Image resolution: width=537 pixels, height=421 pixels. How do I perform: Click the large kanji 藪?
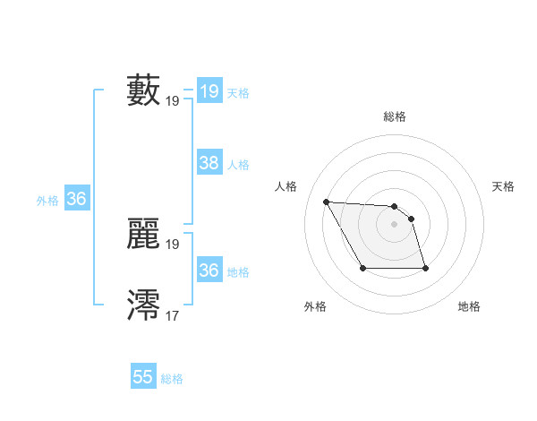pyautogui.click(x=144, y=90)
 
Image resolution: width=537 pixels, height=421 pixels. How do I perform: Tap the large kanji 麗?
pyautogui.click(x=144, y=233)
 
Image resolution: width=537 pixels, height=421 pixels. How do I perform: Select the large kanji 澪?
pyautogui.click(x=144, y=305)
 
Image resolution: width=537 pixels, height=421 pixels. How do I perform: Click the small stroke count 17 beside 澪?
pyautogui.click(x=173, y=315)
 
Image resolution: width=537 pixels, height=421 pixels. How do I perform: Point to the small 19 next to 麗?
pyautogui.click(x=173, y=244)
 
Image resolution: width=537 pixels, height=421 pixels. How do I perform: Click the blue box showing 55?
pyautogui.click(x=143, y=377)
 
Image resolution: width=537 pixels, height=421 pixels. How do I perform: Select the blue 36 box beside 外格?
pyautogui.click(x=76, y=199)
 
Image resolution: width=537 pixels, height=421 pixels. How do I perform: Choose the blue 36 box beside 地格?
pyautogui.click(x=209, y=270)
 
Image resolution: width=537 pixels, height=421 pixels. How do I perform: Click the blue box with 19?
pyautogui.click(x=209, y=91)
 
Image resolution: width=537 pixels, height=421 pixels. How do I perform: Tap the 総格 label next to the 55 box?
pyautogui.click(x=172, y=379)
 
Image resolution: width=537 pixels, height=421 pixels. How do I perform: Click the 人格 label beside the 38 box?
pyautogui.click(x=238, y=165)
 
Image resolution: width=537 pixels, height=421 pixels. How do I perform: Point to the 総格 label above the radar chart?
pyautogui.click(x=395, y=116)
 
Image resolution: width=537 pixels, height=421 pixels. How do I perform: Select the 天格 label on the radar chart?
pyautogui.click(x=503, y=186)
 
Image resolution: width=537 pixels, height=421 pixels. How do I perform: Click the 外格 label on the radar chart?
pyautogui.click(x=314, y=306)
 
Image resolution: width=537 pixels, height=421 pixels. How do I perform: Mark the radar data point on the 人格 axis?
pyautogui.click(x=326, y=202)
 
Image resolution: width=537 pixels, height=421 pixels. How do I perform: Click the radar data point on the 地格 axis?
pyautogui.click(x=425, y=269)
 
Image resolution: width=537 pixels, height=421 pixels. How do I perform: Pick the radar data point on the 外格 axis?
pyautogui.click(x=362, y=268)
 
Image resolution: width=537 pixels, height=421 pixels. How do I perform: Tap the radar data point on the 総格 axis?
pyautogui.click(x=394, y=206)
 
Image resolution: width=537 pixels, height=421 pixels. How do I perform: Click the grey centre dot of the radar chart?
pyautogui.click(x=394, y=224)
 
